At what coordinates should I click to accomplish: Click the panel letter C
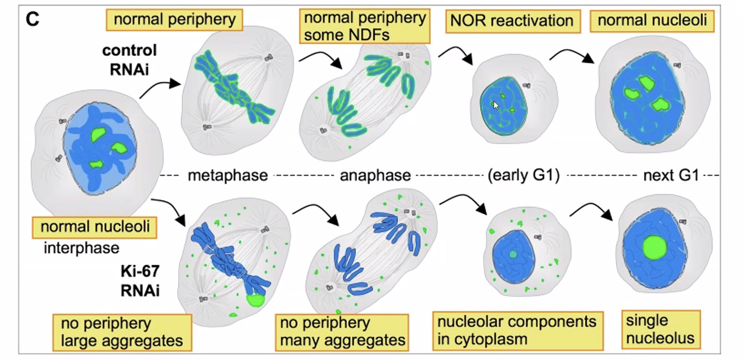point(32,19)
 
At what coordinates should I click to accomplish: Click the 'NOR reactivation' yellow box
point(512,21)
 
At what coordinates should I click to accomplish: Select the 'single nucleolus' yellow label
point(661,329)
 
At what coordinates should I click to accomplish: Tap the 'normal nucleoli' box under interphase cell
point(95,227)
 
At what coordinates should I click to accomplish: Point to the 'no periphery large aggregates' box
point(122,332)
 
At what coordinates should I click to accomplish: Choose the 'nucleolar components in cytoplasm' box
point(517,330)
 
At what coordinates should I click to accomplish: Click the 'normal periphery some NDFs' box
point(364,26)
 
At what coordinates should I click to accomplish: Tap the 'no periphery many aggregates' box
point(342,331)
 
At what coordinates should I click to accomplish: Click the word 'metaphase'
point(228,176)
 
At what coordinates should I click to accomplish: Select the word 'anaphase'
point(375,176)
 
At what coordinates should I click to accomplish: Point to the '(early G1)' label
point(523,176)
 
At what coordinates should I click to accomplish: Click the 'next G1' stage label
point(671,176)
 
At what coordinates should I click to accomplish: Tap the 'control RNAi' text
point(129,60)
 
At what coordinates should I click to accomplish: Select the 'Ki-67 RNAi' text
point(140,280)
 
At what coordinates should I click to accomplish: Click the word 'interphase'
point(82,248)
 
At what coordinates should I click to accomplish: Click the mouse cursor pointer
point(496,105)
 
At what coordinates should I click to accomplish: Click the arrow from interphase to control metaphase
point(160,87)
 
